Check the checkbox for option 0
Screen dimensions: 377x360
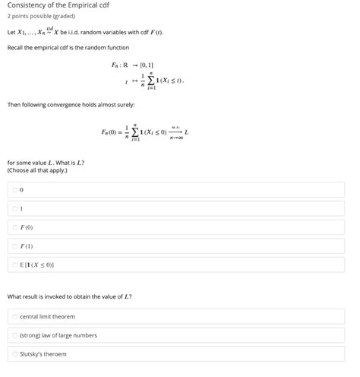tap(14, 189)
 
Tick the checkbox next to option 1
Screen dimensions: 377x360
tap(14, 208)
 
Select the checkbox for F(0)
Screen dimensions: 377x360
tap(14, 227)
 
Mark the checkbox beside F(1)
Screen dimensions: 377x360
tap(14, 246)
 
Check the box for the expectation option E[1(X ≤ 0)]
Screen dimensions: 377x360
tap(14, 265)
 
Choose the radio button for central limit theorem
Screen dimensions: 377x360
tap(14, 316)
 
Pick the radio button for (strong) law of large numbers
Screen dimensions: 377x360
tap(14, 335)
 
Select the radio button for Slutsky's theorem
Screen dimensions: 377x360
tap(14, 354)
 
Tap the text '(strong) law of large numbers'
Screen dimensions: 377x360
tap(58, 335)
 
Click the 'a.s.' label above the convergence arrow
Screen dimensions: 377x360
tap(175, 127)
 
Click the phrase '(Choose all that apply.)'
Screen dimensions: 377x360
tap(37, 171)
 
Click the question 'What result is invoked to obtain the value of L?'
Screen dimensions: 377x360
tap(69, 296)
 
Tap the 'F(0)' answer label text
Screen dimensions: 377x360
tap(27, 227)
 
